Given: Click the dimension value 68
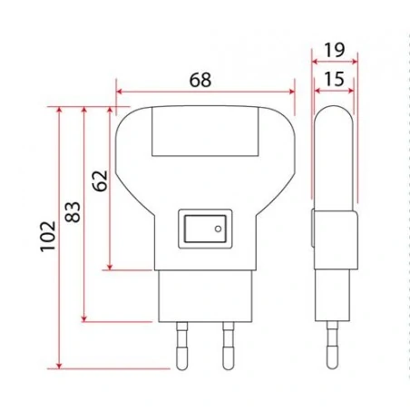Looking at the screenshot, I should point(200,80).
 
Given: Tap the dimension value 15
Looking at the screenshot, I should point(333,79).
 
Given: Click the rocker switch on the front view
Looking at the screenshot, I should point(204,229).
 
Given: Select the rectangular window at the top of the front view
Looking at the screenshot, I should point(205,132).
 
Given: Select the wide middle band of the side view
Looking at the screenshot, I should point(332,240).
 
